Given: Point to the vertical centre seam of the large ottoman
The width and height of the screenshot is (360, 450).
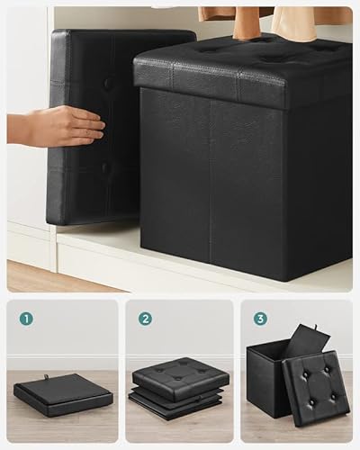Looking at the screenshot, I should (211, 180).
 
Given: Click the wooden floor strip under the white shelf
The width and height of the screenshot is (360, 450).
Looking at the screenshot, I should (54, 275).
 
